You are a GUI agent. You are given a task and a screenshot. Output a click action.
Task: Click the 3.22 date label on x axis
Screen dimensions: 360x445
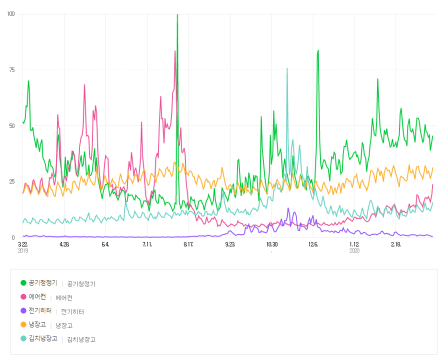point(22,244)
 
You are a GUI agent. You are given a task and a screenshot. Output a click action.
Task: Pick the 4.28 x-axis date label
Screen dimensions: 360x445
point(64,244)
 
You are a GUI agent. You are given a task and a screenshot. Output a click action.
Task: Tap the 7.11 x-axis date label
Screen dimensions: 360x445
point(147,244)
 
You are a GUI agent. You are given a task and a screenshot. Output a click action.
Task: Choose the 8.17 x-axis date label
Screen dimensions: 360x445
point(188,244)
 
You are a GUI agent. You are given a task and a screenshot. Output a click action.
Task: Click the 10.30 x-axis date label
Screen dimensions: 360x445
point(271,244)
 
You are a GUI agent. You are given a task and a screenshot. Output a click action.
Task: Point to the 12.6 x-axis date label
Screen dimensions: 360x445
point(313,244)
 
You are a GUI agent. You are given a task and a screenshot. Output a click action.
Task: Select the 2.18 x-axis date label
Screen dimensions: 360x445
point(395,244)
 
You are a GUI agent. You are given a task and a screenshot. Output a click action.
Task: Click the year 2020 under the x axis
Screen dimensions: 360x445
point(354,250)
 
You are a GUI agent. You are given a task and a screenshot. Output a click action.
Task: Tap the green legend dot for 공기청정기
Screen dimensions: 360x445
point(23,283)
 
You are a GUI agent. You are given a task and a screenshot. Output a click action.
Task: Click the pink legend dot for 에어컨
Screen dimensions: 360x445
point(23,297)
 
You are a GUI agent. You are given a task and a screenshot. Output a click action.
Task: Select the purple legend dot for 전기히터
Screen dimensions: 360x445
point(23,311)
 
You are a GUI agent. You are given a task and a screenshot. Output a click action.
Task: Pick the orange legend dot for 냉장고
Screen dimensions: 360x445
point(23,325)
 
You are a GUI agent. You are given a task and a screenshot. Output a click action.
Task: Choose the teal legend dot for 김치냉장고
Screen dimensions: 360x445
point(23,338)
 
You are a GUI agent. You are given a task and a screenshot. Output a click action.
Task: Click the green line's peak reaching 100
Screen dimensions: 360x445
point(177,14)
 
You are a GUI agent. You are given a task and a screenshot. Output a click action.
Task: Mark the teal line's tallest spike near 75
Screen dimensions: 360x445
point(287,68)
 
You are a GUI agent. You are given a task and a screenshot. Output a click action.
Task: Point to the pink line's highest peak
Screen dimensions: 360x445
point(175,51)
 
